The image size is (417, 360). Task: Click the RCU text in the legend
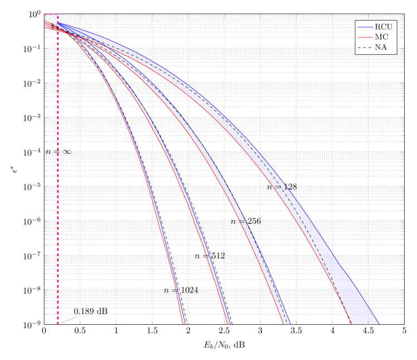tap(383, 27)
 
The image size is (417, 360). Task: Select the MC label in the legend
tap(382, 37)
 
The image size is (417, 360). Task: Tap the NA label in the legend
tap(381, 47)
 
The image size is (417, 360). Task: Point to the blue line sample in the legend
tap(365, 27)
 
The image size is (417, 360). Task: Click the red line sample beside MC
tap(365, 37)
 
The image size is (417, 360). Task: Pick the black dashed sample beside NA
tap(365, 47)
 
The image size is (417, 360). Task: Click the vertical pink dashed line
tap(58, 167)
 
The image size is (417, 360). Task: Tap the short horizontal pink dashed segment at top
tap(51, 15)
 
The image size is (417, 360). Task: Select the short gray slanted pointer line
tap(68, 320)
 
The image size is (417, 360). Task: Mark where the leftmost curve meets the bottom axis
tap(183, 323)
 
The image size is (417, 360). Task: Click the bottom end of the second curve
tap(229, 323)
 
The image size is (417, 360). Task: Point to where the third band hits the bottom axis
tap(285, 323)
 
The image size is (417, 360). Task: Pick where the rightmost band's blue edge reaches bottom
tap(379, 323)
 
